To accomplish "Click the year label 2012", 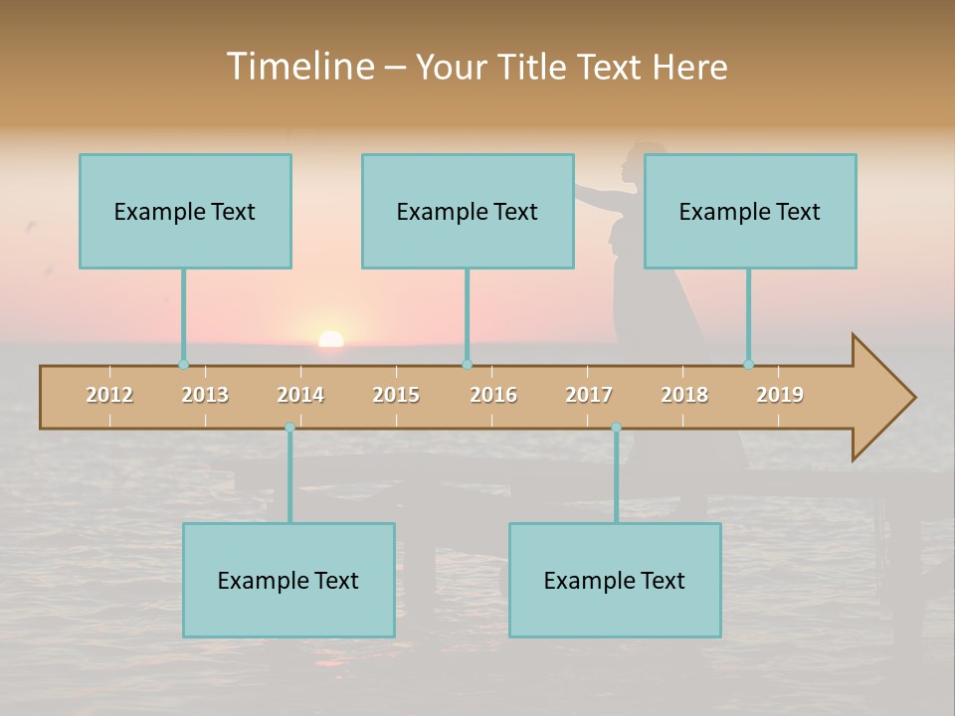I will click(109, 395).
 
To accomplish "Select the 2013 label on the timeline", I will click(205, 395).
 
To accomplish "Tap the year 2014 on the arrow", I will click(300, 395).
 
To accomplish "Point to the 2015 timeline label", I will click(396, 395).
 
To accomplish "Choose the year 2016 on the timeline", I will click(493, 395).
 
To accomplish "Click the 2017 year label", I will click(589, 395).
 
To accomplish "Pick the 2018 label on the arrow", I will click(684, 395).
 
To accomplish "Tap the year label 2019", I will click(780, 395).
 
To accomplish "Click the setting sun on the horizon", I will click(330, 339).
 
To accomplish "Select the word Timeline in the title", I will click(297, 67).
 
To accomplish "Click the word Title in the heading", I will click(533, 67).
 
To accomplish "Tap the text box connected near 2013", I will click(185, 211).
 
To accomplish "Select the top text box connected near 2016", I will click(468, 211).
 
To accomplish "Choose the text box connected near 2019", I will click(750, 211).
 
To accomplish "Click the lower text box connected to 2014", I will click(288, 580).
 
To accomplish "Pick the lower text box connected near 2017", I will click(615, 580).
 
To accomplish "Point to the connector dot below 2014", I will click(289, 428).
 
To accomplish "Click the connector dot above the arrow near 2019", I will click(748, 365).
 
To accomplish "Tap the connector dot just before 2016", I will click(467, 365).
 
